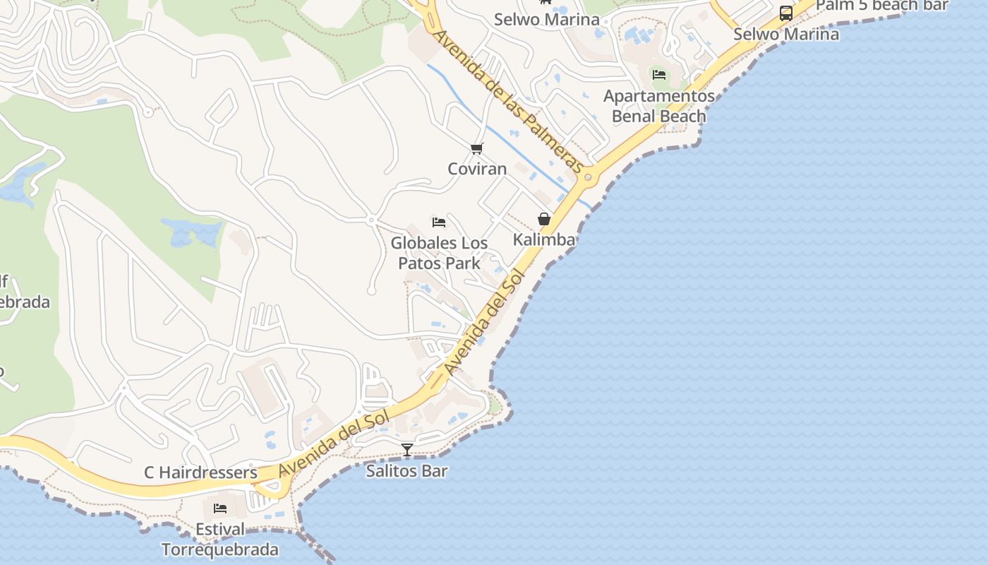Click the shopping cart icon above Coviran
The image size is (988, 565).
[x=477, y=148]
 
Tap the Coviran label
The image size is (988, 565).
[x=477, y=169]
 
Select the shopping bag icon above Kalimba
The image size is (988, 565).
[x=543, y=219]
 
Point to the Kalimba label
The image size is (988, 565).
[x=543, y=239]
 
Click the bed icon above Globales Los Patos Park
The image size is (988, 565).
[x=439, y=222]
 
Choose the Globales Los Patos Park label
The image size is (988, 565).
[x=439, y=253]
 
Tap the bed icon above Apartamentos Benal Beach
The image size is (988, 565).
[x=659, y=74]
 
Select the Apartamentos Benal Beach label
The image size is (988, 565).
[x=659, y=106]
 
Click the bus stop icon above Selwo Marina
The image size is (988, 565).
[x=785, y=13]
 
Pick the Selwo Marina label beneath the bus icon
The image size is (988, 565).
[x=785, y=34]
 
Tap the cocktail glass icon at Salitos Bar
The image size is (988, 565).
[x=407, y=449]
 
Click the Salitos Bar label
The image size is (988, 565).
[x=406, y=470]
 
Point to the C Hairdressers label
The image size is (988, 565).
[x=200, y=472]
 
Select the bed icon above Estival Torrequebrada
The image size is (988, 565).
[x=220, y=508]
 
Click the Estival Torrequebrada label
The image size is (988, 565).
[x=220, y=540]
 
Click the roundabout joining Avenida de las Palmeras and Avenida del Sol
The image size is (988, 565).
[x=587, y=177]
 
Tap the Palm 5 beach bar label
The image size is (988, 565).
[x=882, y=6]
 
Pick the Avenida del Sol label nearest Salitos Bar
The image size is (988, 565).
[x=335, y=445]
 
